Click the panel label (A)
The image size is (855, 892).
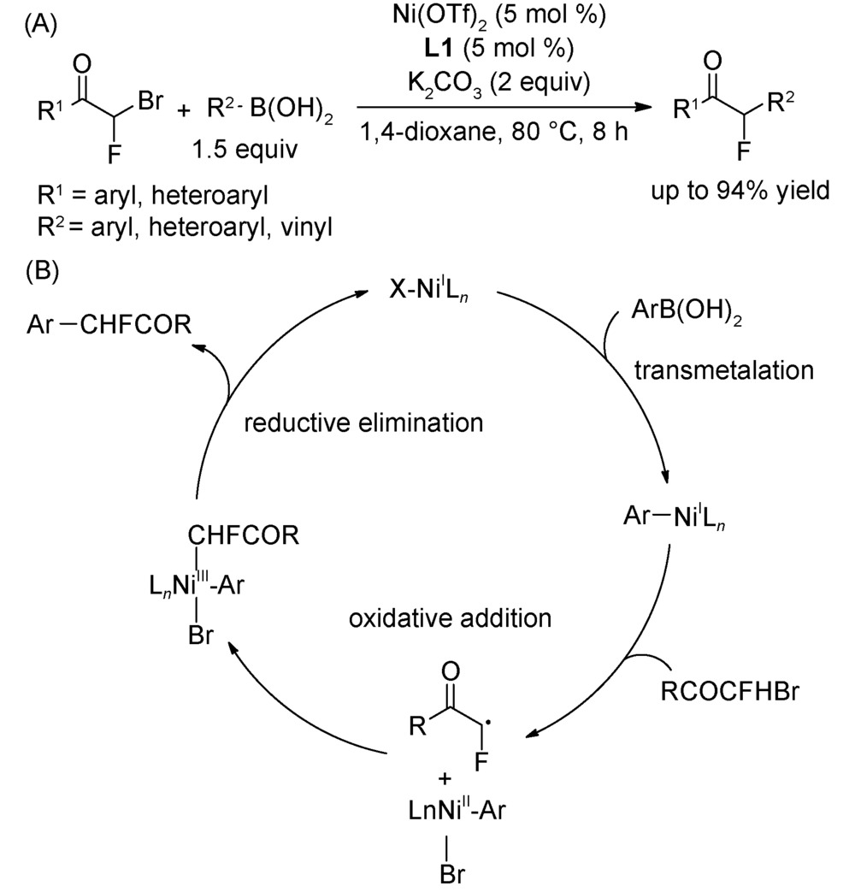pyautogui.click(x=42, y=24)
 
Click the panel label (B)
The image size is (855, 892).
pyautogui.click(x=42, y=275)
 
